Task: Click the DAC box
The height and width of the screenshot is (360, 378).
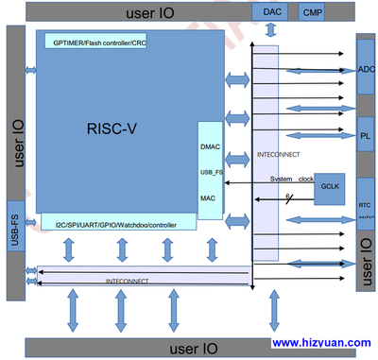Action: [272, 12]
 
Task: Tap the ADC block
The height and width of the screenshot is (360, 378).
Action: [367, 71]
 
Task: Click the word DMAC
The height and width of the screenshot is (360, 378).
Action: [211, 146]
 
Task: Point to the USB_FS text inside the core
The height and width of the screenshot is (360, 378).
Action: [212, 172]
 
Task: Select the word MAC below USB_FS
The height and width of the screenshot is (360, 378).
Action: [209, 197]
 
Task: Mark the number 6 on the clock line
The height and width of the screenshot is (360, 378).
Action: [286, 197]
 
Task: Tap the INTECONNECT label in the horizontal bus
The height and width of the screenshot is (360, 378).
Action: [126, 282]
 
